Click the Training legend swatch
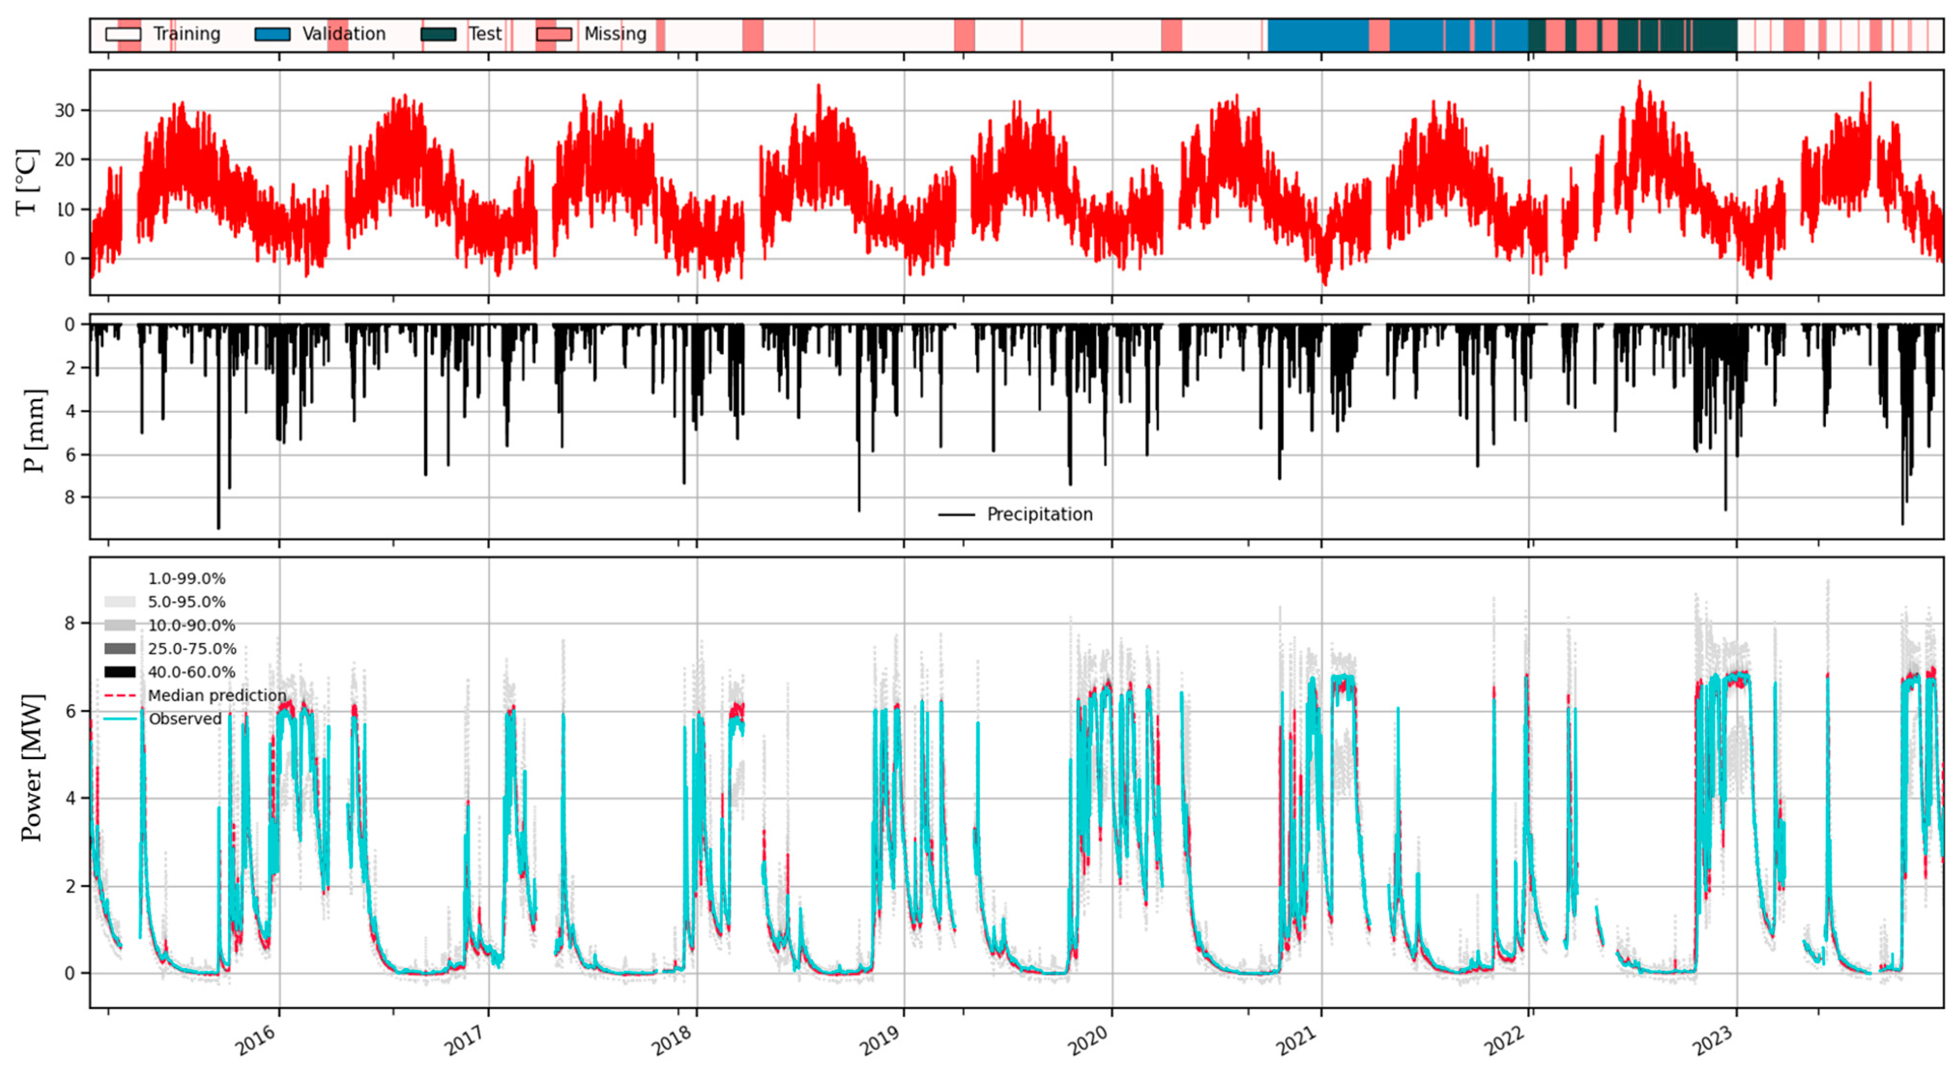122,34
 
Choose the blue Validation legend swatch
272,34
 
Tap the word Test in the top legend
485,34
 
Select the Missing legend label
615,34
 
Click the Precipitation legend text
1039,514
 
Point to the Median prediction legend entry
217,695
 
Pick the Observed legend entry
185,719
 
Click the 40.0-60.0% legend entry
191,672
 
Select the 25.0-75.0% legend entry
191,648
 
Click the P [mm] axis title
33,430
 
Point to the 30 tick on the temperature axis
65,111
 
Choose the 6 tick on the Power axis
70,711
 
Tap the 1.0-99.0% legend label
186,578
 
